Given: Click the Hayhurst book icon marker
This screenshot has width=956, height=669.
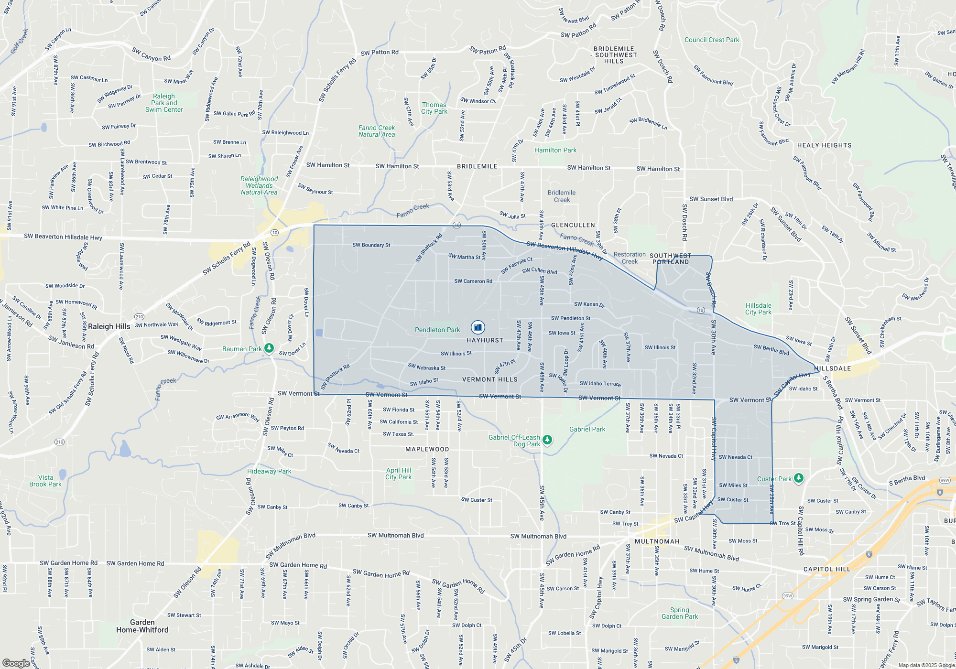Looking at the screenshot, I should pyautogui.click(x=478, y=327).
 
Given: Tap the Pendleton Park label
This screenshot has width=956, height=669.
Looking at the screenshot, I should pyautogui.click(x=437, y=330).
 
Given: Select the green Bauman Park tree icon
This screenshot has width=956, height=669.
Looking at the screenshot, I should pyautogui.click(x=269, y=348).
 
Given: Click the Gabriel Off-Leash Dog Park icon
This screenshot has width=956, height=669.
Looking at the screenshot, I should pyautogui.click(x=547, y=440).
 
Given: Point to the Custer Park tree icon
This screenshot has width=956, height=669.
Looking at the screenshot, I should pyautogui.click(x=799, y=478).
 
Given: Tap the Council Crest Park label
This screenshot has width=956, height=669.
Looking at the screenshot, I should pyautogui.click(x=712, y=40).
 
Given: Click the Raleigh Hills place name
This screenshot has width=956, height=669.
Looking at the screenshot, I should pyautogui.click(x=109, y=326).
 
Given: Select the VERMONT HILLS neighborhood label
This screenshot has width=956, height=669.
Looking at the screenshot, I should pyautogui.click(x=490, y=379).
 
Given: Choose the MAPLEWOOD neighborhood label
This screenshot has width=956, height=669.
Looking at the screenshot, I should pyautogui.click(x=427, y=449).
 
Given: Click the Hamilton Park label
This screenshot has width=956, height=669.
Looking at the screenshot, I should pyautogui.click(x=555, y=151).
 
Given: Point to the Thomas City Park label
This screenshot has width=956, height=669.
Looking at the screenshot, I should pyautogui.click(x=434, y=108).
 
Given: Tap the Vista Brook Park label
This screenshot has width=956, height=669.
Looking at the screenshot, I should pyautogui.click(x=45, y=481).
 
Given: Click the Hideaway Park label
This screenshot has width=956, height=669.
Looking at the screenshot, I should pyautogui.click(x=269, y=472).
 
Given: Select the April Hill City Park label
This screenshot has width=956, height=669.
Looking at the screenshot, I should pyautogui.click(x=399, y=474).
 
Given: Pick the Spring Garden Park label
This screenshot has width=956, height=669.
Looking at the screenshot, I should pyautogui.click(x=680, y=613).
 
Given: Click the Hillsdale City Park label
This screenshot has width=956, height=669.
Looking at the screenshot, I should pyautogui.click(x=758, y=309).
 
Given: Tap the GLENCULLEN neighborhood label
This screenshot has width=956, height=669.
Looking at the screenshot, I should pyautogui.click(x=573, y=225).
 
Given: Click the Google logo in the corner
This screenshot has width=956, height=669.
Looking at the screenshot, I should pyautogui.click(x=16, y=663).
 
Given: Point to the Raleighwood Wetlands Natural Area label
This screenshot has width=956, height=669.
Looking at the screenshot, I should pyautogui.click(x=259, y=186).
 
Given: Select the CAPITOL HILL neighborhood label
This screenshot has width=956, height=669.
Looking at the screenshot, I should pyautogui.click(x=827, y=569).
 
